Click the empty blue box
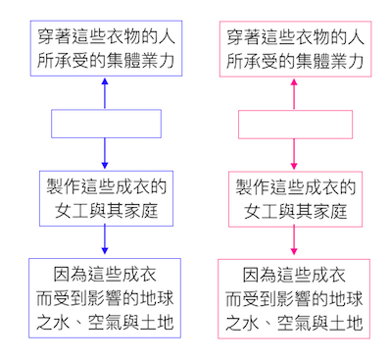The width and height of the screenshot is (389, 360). tap(105, 124)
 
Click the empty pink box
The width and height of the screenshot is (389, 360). tap(294, 124)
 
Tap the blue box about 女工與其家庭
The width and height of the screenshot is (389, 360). tap(105, 198)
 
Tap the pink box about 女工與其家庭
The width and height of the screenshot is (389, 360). tap(294, 198)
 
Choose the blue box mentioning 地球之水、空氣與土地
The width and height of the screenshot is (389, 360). tap(105, 298)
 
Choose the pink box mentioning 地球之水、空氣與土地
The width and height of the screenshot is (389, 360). tap(294, 298)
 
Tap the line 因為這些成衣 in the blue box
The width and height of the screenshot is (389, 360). tap(105, 274)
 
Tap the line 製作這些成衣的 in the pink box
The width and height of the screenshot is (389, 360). tap(294, 186)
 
